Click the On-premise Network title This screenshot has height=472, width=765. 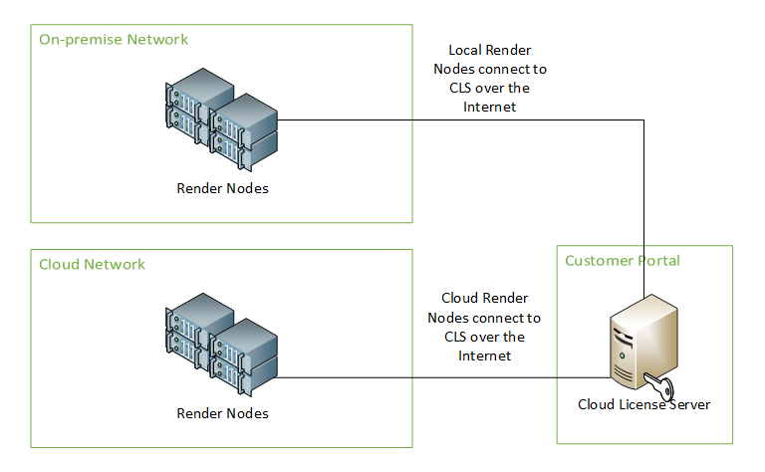coord(114,40)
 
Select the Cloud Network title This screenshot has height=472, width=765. coord(92,264)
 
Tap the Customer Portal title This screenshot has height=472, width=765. coord(623,261)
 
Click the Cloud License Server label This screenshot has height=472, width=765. coord(643,405)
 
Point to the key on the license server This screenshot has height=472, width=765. coord(658,386)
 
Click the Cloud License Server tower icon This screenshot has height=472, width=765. coord(642,344)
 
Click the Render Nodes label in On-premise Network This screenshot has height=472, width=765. coord(222,188)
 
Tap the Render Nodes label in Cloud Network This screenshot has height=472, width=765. coord(222,413)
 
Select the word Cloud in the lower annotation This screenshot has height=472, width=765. coord(461,299)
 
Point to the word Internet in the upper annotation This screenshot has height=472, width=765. coord(489,108)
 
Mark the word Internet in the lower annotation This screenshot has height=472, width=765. coord(484,355)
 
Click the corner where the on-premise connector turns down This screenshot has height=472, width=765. coord(643,120)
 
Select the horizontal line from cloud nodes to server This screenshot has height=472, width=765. coord(438,378)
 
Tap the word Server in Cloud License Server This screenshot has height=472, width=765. coord(688,405)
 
